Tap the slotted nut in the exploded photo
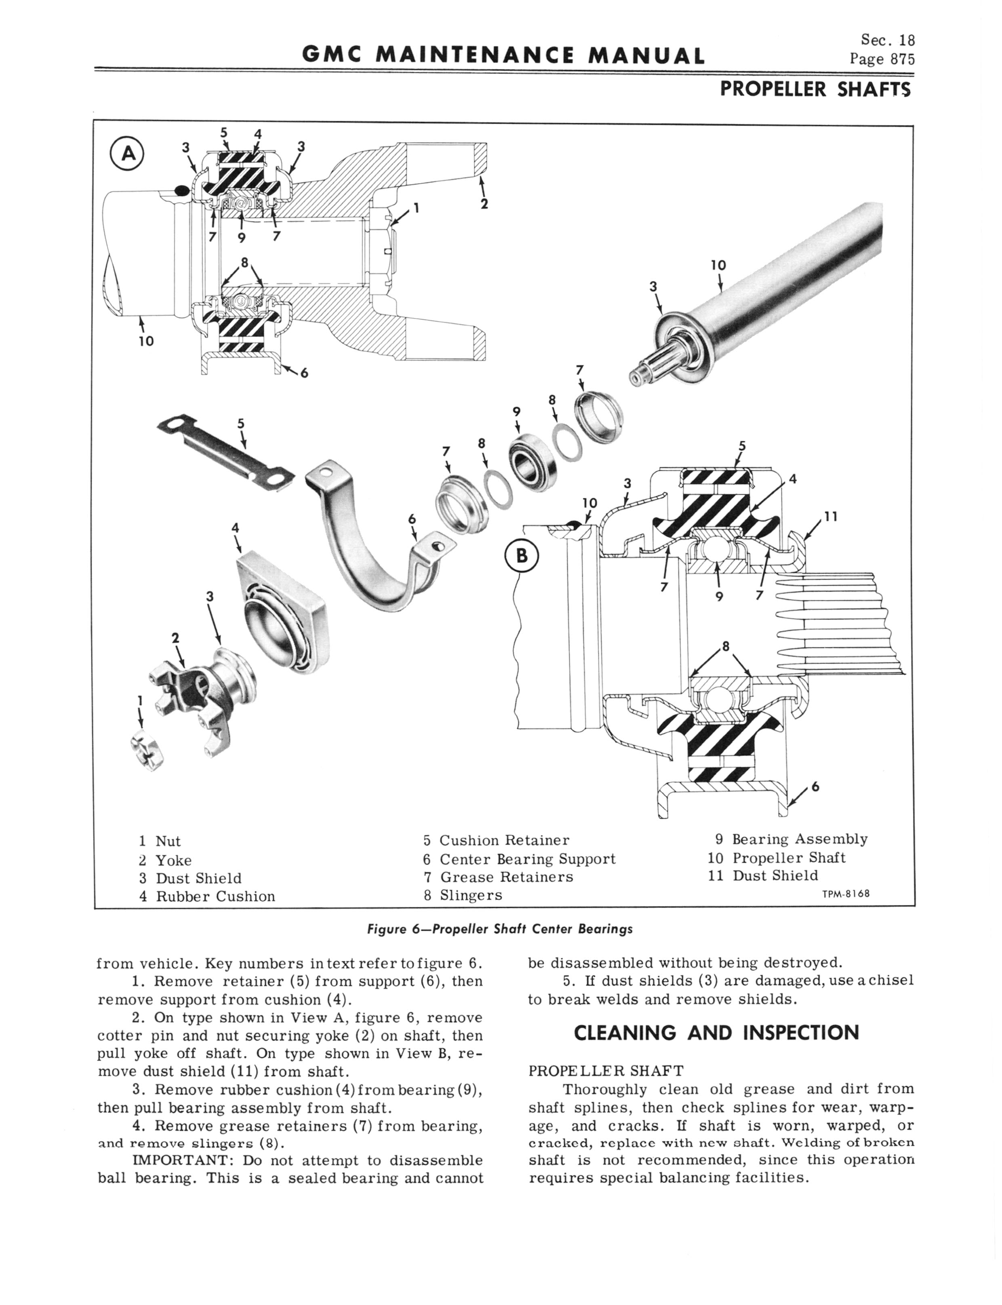coord(146,749)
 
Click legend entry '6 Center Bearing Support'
coord(519,859)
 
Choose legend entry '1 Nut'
coord(160,841)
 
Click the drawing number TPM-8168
coord(844,894)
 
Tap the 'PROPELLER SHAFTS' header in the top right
coord(815,89)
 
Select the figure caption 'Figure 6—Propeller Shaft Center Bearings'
coord(500,929)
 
